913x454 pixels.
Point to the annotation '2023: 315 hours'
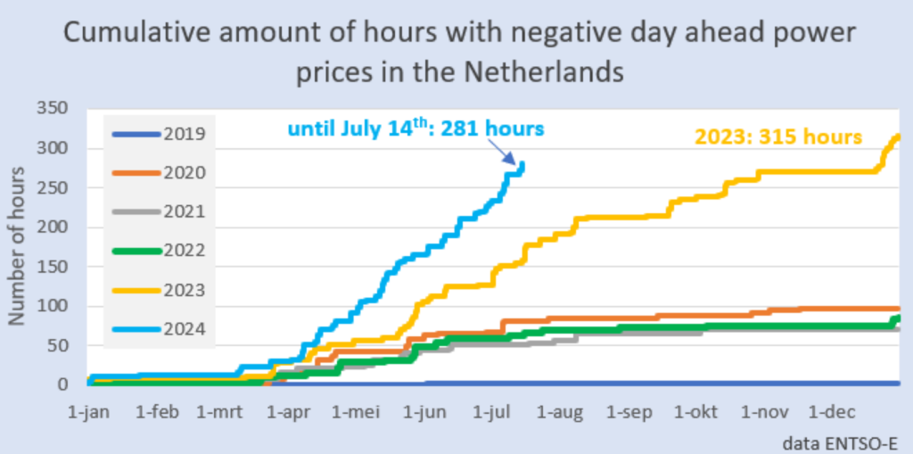[778, 137]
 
